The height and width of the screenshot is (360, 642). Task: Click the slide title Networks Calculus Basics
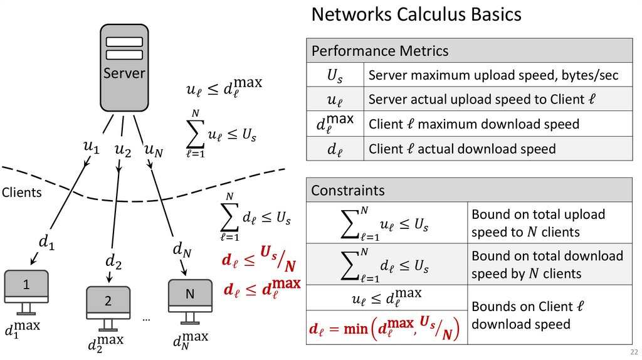pyautogui.click(x=416, y=14)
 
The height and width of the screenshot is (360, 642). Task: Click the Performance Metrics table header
pyautogui.click(x=380, y=51)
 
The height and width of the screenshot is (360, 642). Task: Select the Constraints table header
pyautogui.click(x=348, y=190)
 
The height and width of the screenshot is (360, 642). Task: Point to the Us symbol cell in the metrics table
pyautogui.click(x=335, y=76)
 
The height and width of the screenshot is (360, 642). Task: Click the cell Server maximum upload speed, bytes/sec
pyautogui.click(x=493, y=76)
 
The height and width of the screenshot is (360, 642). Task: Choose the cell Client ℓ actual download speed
pyautogui.click(x=462, y=149)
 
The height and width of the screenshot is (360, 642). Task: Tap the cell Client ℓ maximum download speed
pyautogui.click(x=474, y=124)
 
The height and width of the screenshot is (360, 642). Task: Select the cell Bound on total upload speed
pyautogui.click(x=538, y=223)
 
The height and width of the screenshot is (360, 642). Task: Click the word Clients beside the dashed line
pyautogui.click(x=21, y=193)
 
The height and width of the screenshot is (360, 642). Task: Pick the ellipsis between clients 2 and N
pyautogui.click(x=146, y=319)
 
